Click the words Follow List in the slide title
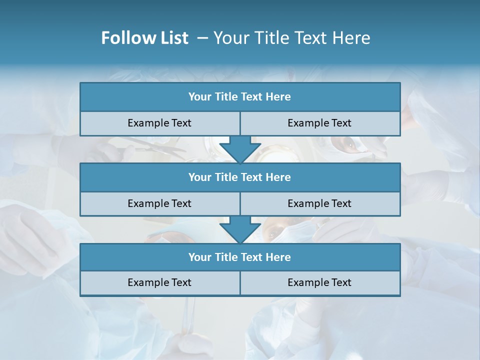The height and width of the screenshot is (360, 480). click(x=144, y=38)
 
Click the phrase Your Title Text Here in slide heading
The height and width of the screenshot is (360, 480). click(x=292, y=38)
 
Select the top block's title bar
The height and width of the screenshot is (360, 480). click(x=240, y=97)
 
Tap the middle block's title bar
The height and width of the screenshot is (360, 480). click(x=240, y=177)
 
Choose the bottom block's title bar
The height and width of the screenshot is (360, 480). click(x=240, y=257)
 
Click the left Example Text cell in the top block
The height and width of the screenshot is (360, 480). click(x=160, y=123)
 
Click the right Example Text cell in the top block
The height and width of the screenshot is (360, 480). click(x=320, y=123)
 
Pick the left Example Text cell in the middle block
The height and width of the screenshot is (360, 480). click(x=160, y=204)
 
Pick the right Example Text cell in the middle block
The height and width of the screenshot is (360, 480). click(x=320, y=204)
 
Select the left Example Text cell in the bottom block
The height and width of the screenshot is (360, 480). click(x=160, y=283)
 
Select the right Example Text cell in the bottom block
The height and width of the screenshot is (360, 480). click(x=320, y=283)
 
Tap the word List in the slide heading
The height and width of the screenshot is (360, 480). click(x=173, y=38)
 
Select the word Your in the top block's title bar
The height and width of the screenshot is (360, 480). click(x=200, y=97)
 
